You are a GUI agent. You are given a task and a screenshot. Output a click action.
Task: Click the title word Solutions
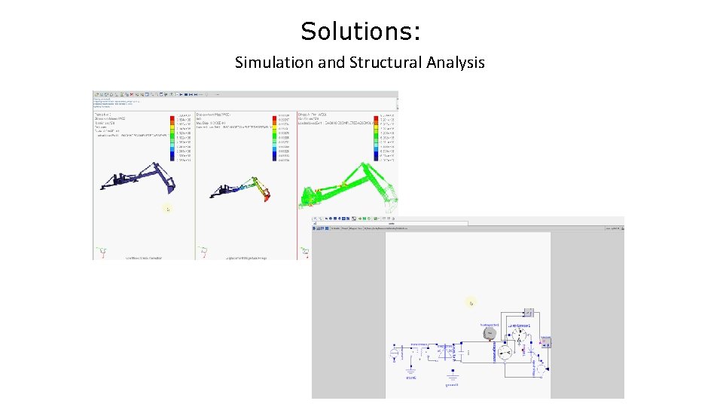click(360, 32)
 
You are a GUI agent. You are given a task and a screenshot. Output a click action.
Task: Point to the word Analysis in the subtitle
click(453, 63)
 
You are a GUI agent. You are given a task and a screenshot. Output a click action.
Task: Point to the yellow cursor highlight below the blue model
click(167, 209)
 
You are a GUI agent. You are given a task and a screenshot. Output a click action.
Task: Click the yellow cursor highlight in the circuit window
click(471, 302)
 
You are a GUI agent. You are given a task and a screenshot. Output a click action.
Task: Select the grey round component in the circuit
click(489, 333)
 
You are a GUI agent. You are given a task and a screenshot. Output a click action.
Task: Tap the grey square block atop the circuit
click(528, 312)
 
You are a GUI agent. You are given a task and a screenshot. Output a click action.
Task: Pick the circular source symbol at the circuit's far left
click(392, 353)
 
